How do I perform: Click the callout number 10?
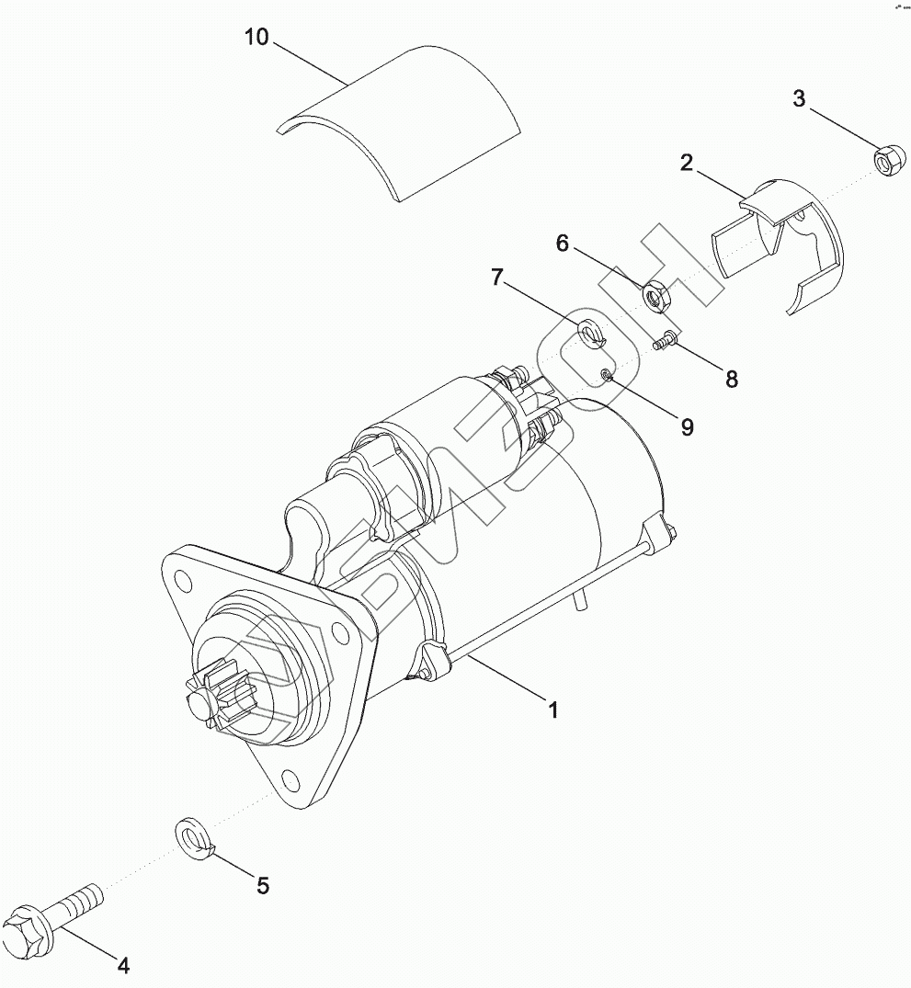click(x=256, y=39)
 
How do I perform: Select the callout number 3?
click(x=799, y=99)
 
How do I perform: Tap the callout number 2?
click(x=686, y=164)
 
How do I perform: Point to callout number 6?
click(x=563, y=243)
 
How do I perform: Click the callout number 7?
click(x=496, y=277)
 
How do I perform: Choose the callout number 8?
click(x=731, y=379)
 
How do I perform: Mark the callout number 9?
click(x=687, y=426)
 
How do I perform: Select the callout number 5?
click(x=262, y=885)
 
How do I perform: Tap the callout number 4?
click(x=123, y=965)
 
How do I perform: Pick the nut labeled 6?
click(x=655, y=295)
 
